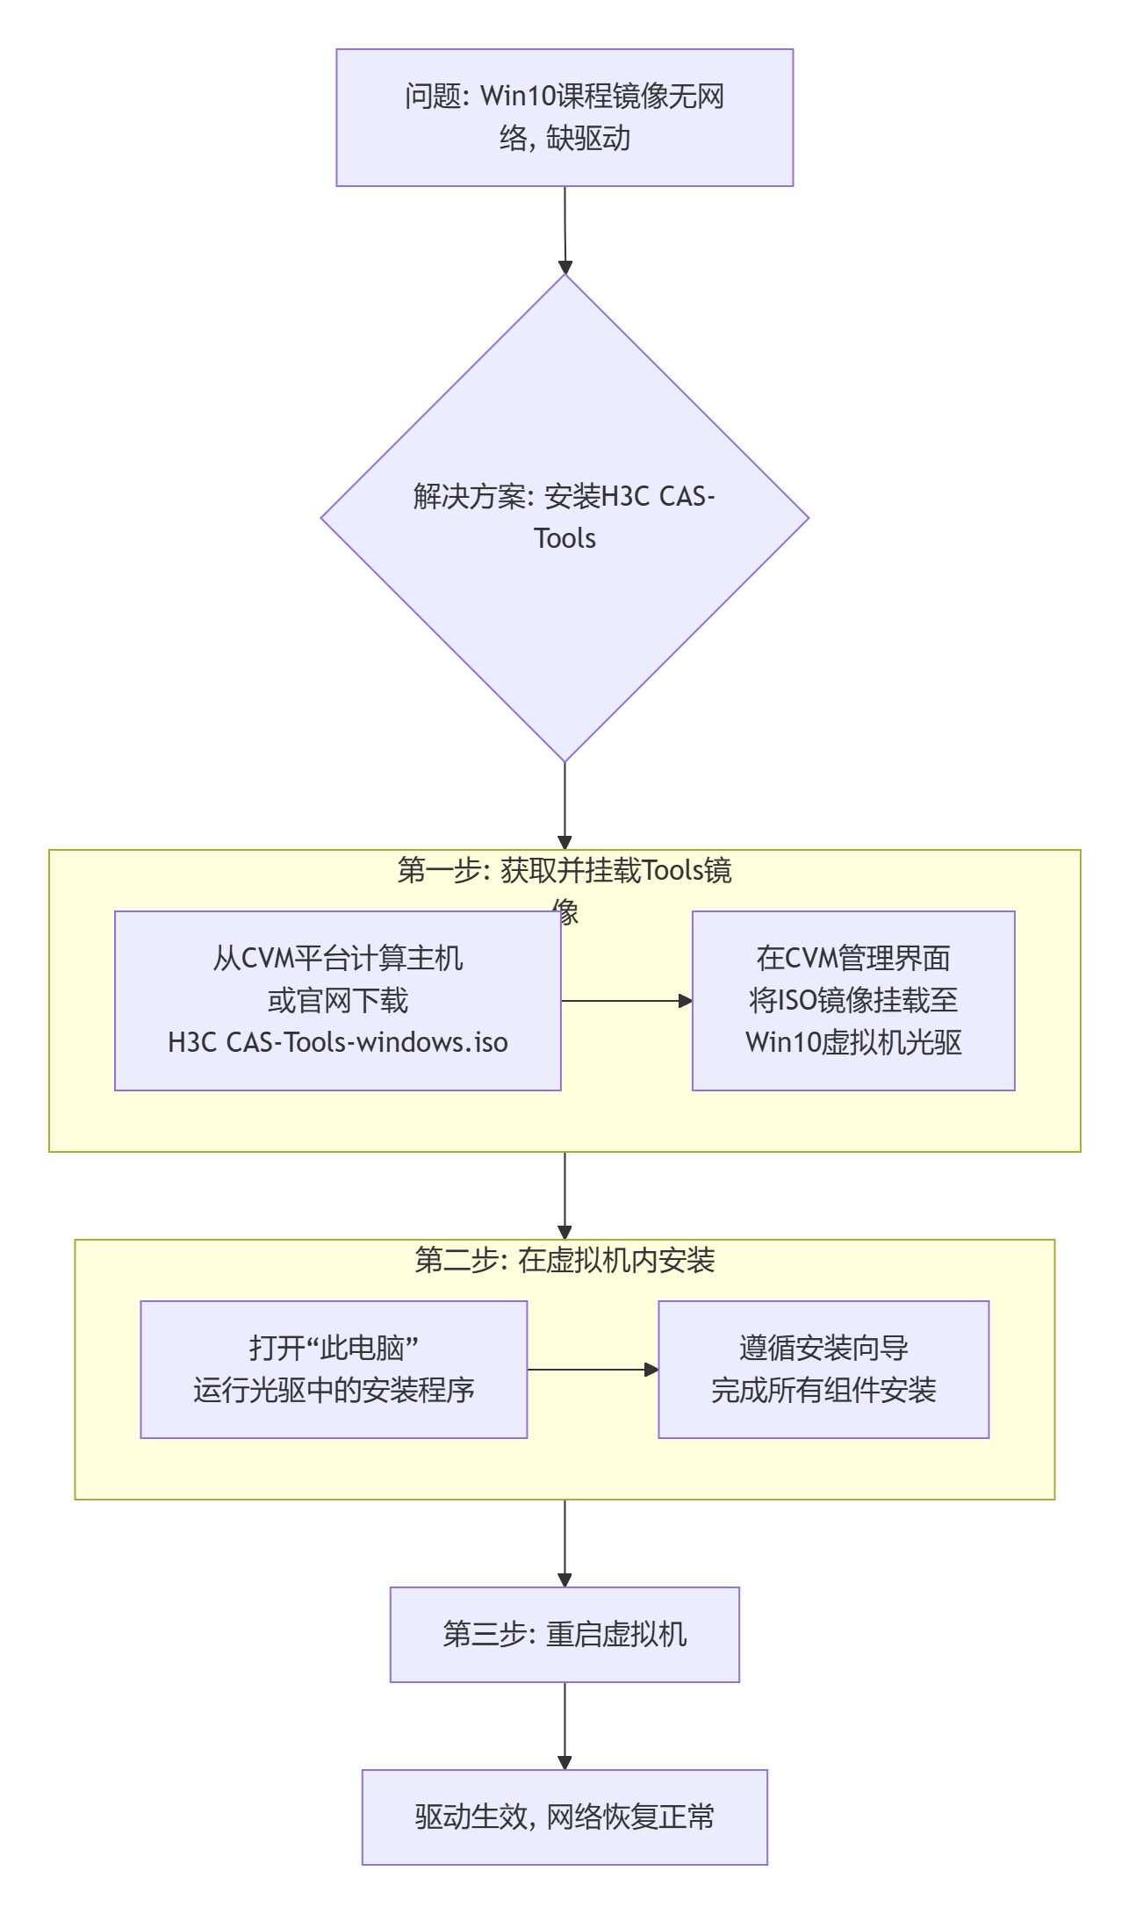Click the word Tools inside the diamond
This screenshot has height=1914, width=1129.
[x=564, y=538]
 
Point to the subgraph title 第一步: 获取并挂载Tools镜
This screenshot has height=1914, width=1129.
[x=564, y=871]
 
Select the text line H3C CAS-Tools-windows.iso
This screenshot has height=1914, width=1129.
[x=337, y=1042]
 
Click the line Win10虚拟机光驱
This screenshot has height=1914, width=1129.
[x=853, y=1042]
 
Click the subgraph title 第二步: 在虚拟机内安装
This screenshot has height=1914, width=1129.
[x=564, y=1261]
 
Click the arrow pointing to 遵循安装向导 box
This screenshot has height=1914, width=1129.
[x=593, y=1370]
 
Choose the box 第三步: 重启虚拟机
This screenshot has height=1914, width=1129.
[x=564, y=1635]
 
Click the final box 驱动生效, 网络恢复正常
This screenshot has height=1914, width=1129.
[x=564, y=1817]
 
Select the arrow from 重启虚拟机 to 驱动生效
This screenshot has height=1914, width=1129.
[x=564, y=1725]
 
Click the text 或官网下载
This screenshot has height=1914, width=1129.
[x=337, y=1001]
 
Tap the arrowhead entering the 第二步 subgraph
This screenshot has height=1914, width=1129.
[x=564, y=1232]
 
